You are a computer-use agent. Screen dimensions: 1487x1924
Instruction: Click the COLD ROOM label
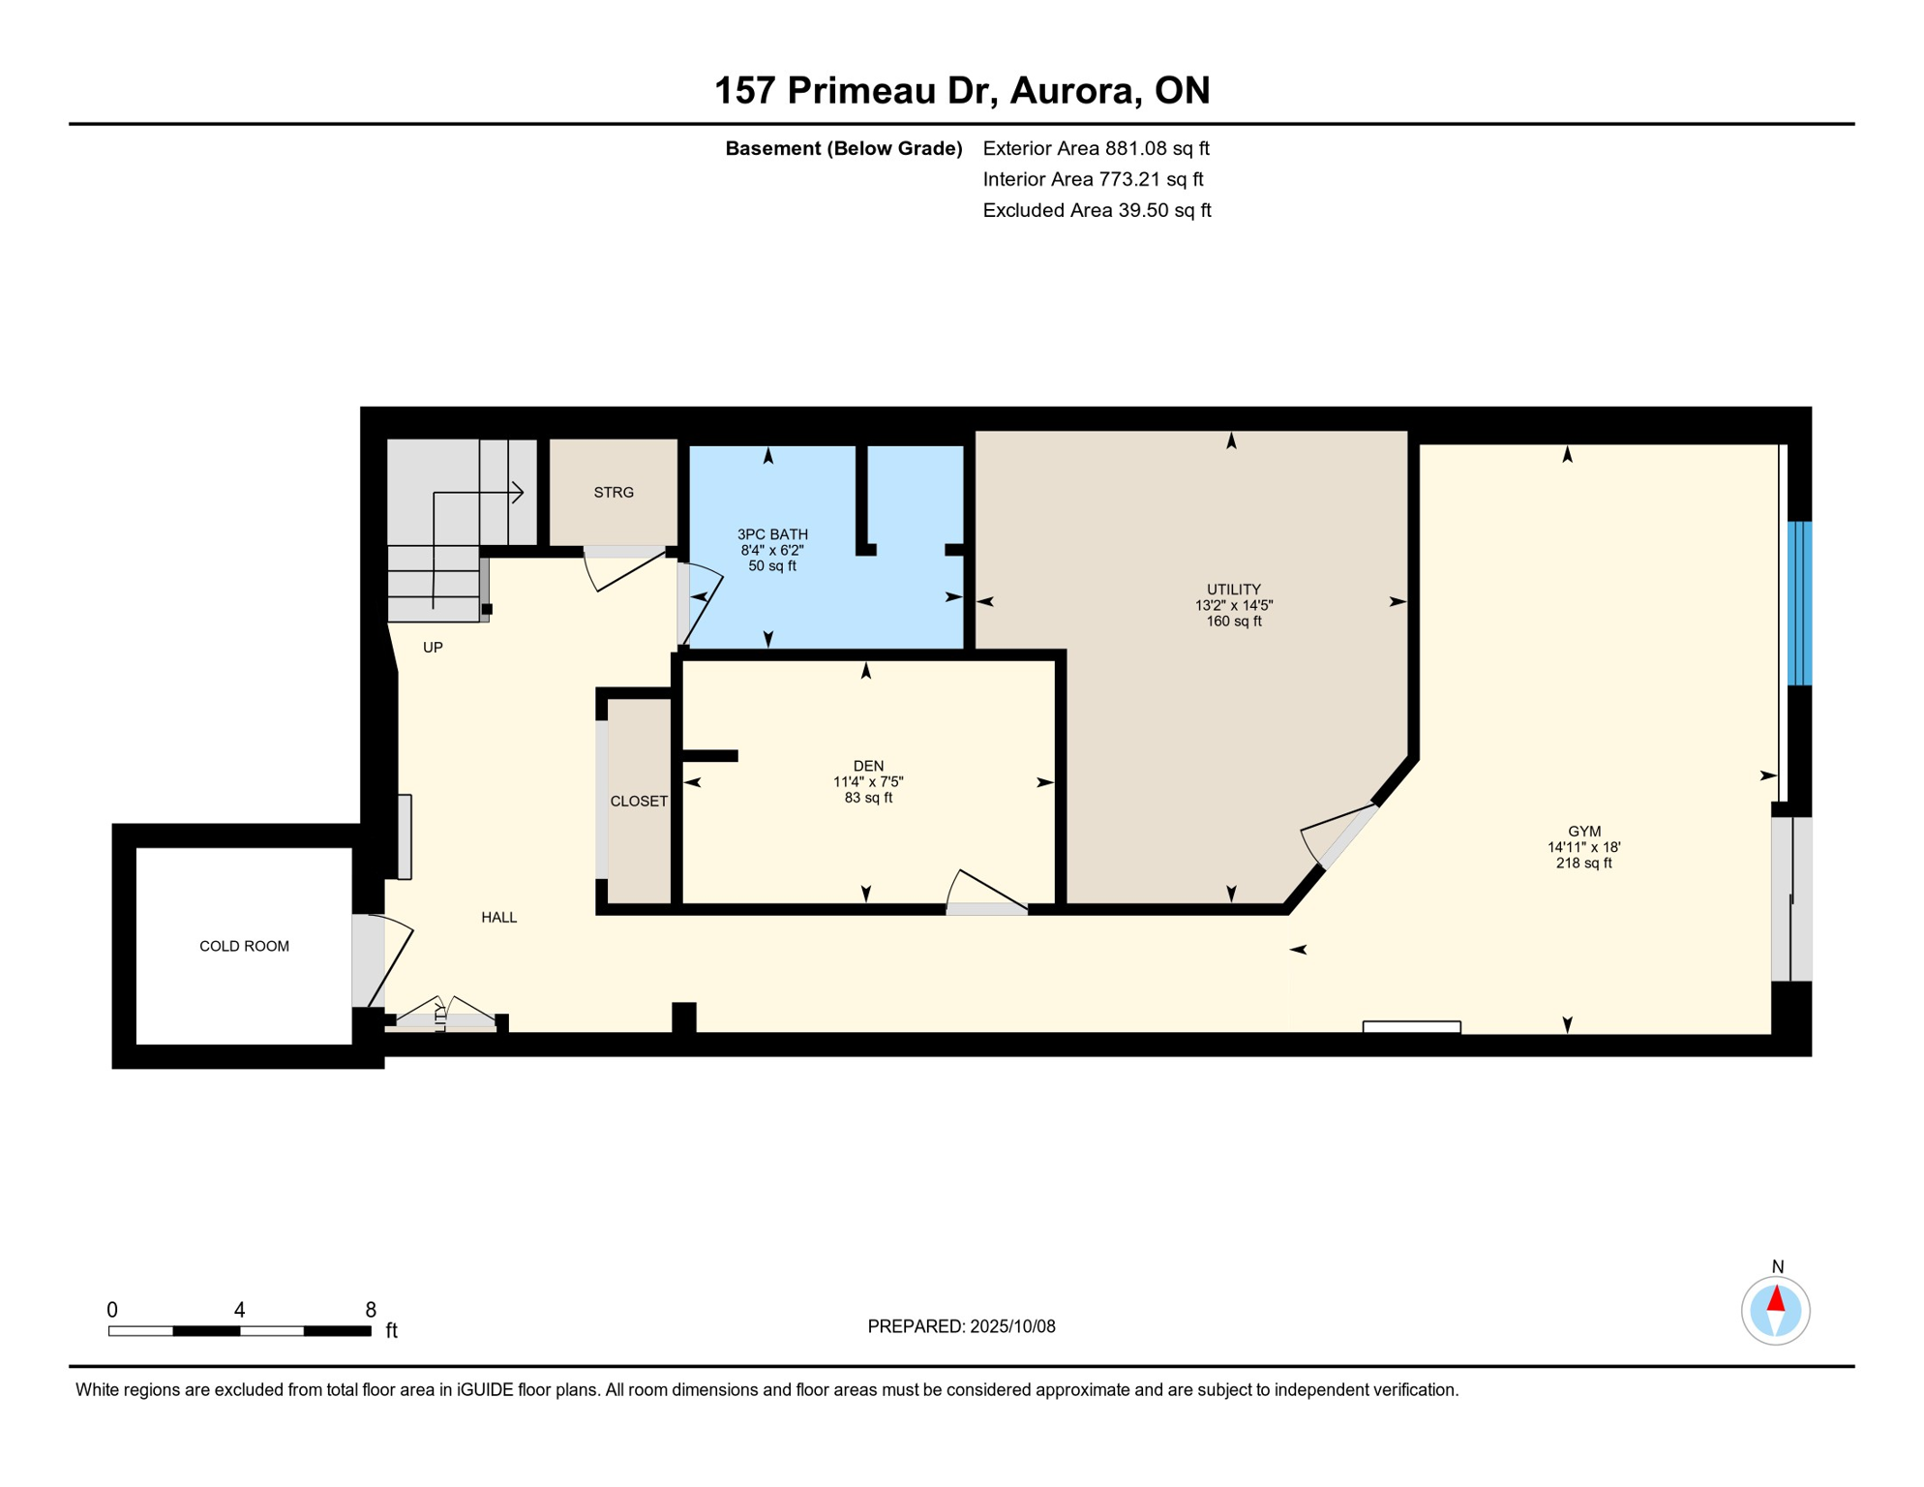click(x=244, y=946)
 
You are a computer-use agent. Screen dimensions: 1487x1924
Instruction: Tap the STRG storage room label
click(x=614, y=493)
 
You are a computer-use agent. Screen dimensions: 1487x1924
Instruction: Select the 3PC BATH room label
click(x=771, y=534)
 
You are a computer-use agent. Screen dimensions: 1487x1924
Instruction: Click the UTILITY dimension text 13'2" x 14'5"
click(x=1233, y=605)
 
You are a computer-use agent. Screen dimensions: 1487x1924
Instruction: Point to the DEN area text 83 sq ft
click(x=867, y=798)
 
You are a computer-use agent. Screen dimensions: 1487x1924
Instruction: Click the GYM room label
click(x=1583, y=831)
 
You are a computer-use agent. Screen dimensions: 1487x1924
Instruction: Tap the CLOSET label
click(x=639, y=801)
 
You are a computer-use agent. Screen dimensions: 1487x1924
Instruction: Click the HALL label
click(x=498, y=917)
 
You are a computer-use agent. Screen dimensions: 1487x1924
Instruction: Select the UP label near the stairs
click(x=433, y=647)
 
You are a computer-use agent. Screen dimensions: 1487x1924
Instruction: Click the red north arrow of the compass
click(x=1775, y=1298)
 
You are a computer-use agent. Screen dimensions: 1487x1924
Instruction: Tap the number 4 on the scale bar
click(x=239, y=1310)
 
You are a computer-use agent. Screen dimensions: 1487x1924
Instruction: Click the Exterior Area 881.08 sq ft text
click(x=1096, y=148)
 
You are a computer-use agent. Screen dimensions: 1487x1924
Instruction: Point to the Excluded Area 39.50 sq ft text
click(x=1096, y=210)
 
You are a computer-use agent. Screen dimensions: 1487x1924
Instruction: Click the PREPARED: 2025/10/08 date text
click(x=961, y=1326)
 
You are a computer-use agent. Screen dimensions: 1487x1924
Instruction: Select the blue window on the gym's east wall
click(x=1798, y=602)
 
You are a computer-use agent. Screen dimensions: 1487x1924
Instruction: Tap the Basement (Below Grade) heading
click(x=843, y=148)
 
